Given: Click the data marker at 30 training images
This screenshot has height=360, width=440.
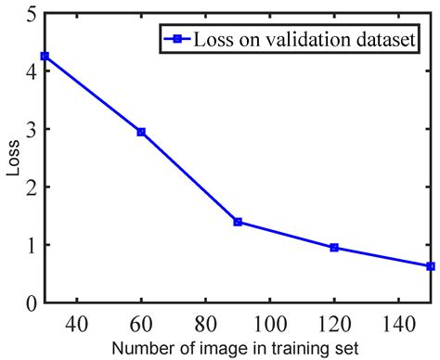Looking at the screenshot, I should click(45, 56).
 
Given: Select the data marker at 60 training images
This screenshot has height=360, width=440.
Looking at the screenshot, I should click(141, 132).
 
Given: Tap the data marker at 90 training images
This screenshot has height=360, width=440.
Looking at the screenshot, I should click(238, 222).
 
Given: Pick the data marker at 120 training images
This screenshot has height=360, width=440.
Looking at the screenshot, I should click(334, 248).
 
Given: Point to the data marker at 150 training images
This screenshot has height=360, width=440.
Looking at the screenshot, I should click(430, 266).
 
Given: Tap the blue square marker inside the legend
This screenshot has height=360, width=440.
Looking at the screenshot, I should click(172, 39).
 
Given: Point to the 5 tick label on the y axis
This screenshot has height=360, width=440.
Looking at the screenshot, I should click(32, 14).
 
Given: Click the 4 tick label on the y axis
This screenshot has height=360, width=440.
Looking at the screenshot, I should click(32, 71).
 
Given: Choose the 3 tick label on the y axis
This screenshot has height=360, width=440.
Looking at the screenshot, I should click(32, 129).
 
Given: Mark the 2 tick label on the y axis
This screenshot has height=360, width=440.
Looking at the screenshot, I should click(32, 186).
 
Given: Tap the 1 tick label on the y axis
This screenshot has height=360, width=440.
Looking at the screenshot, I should click(32, 245).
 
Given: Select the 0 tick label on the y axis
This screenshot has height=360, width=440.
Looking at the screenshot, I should click(32, 302).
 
